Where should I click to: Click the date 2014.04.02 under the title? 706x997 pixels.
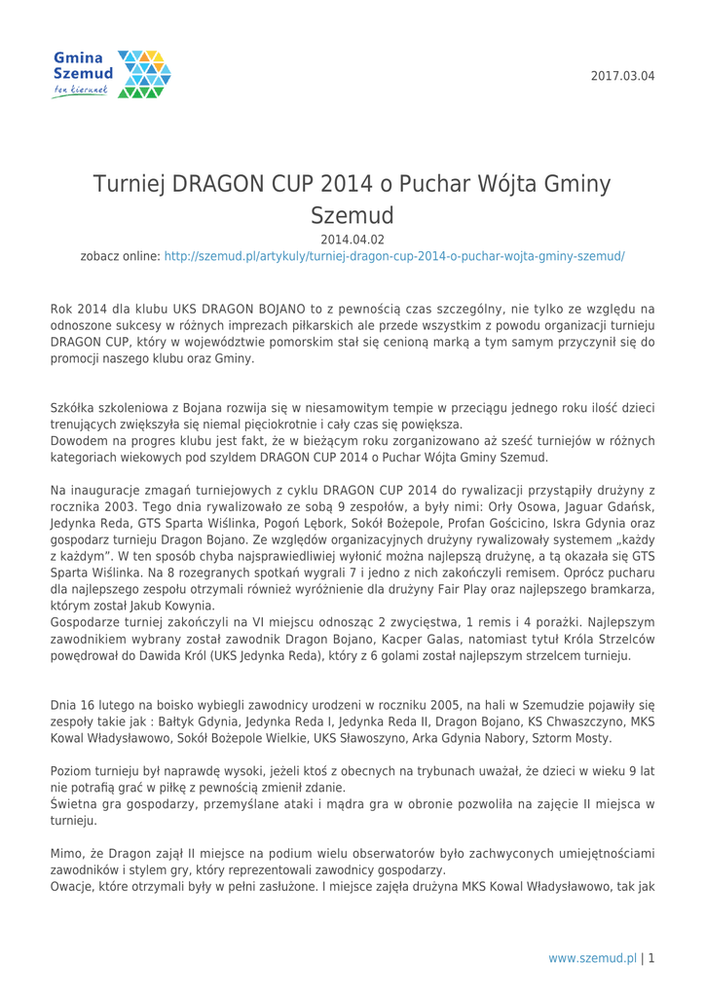point(352,239)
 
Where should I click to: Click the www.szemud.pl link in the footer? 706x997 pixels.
point(592,958)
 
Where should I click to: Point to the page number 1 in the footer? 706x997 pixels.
point(650,958)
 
